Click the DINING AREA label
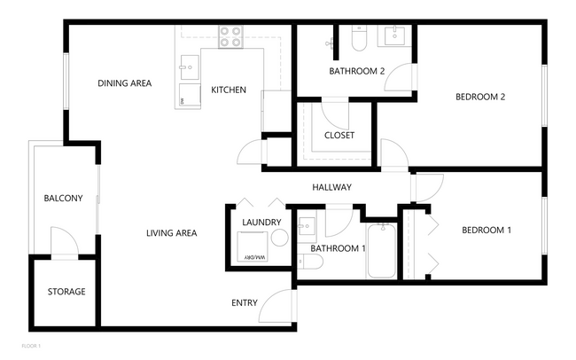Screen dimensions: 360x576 pos(124,83)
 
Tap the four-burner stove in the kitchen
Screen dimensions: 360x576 pos(230,36)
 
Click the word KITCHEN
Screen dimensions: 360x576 pos(228,90)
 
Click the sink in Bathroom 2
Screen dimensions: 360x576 pos(393,35)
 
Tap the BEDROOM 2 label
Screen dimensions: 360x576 pos(479,98)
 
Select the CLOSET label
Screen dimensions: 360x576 pos(339,136)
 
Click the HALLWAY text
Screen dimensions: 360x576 pos(332,187)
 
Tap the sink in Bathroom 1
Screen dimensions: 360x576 pos(307,225)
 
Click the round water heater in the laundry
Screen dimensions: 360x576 pos(280,238)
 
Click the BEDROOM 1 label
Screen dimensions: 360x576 pos(486,231)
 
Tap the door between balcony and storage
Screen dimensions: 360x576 pos(64,242)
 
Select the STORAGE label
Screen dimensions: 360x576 pos(66,292)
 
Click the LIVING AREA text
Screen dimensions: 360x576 pos(171,233)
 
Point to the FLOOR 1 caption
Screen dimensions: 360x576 pos(31,345)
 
